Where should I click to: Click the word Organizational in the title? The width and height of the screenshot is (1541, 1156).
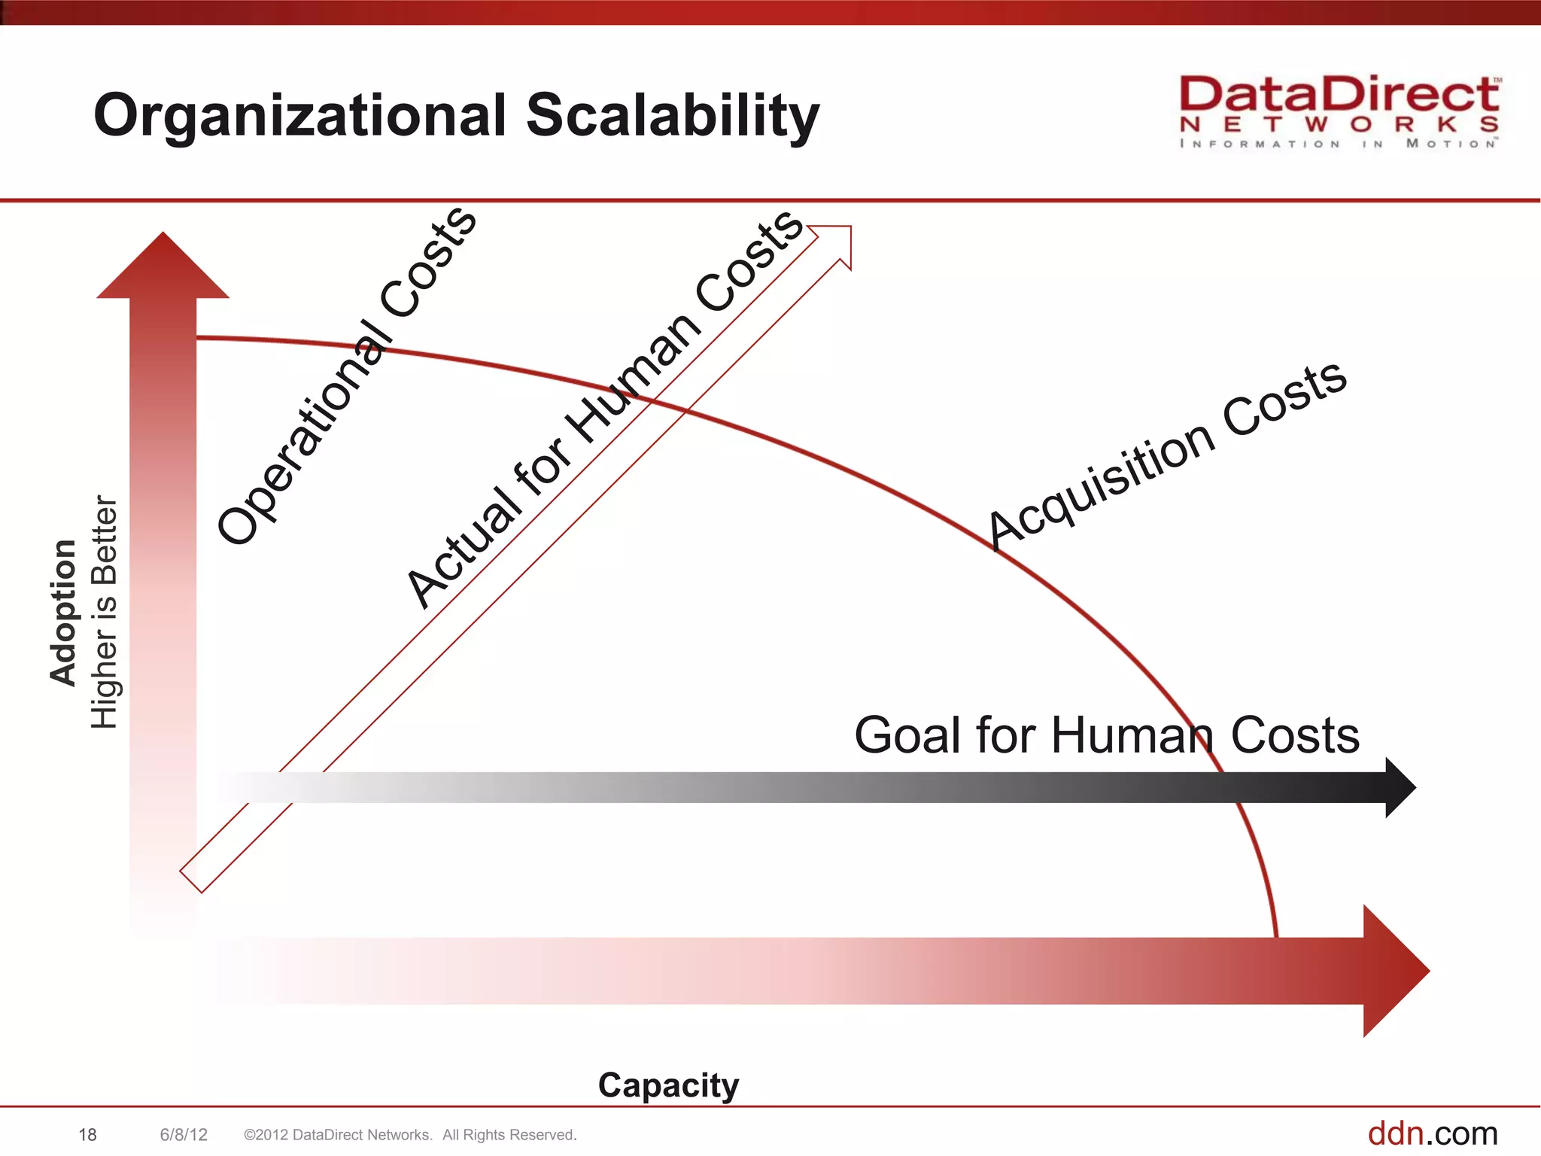click(x=299, y=117)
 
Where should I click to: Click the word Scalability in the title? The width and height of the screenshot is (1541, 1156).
click(x=672, y=117)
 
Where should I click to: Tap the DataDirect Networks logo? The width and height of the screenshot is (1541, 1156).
click(x=1339, y=111)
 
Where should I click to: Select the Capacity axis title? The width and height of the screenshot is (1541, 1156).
click(x=668, y=1085)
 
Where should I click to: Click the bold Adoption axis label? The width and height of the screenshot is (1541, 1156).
click(x=63, y=612)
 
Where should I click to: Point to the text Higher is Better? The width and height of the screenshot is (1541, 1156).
click(x=105, y=612)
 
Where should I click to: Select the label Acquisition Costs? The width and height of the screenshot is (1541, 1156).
click(x=1166, y=455)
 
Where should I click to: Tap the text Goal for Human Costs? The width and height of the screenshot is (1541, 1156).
click(x=1106, y=735)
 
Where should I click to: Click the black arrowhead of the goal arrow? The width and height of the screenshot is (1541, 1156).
click(x=1400, y=787)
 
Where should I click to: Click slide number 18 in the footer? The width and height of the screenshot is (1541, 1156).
click(x=87, y=1135)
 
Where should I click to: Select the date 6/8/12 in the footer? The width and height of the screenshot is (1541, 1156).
click(x=184, y=1135)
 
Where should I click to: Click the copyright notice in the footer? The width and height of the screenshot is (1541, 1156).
click(x=410, y=1135)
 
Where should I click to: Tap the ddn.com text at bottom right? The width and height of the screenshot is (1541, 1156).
click(x=1432, y=1133)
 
